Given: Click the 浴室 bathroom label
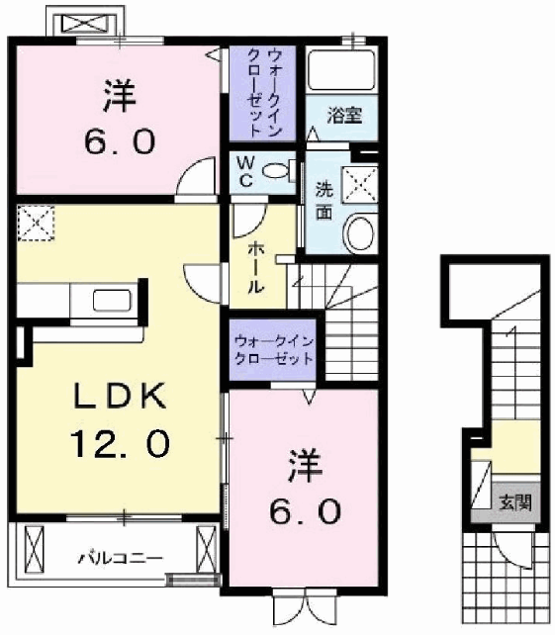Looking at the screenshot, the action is (x=344, y=116).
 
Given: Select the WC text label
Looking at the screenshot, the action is (x=245, y=172).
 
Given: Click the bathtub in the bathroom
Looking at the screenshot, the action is (x=341, y=70).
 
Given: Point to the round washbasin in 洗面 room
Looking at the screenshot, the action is (x=359, y=232).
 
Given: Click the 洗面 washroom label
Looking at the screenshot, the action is (x=324, y=201).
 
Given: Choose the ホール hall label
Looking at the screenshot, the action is (x=255, y=267).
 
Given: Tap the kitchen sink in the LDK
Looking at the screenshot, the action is (x=112, y=301).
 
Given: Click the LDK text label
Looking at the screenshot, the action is (x=120, y=396).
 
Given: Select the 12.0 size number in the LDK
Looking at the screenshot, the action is (x=121, y=443).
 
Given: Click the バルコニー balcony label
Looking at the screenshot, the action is (x=121, y=559).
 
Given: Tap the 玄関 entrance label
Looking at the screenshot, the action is (x=514, y=503).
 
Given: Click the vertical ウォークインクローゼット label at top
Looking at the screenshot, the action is (x=262, y=93).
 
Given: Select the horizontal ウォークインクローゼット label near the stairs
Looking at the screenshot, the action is (x=274, y=350).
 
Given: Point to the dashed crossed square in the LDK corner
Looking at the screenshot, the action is (x=36, y=224).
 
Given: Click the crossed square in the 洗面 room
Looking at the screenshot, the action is (x=360, y=185).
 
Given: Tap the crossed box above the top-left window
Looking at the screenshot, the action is (x=86, y=23).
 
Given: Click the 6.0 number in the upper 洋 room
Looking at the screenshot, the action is (x=120, y=141).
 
